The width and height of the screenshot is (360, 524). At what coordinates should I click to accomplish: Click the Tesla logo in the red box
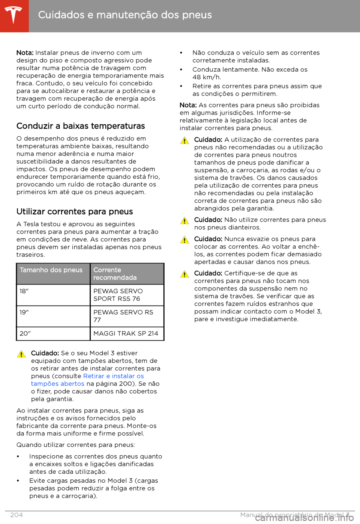(x=14, y=15)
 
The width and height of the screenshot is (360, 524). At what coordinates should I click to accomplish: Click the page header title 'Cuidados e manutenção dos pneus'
(x=125, y=15)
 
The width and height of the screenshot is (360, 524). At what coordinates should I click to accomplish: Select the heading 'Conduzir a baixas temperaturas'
(x=81, y=126)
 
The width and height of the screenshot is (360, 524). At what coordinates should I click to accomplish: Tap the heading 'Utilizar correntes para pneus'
(x=75, y=212)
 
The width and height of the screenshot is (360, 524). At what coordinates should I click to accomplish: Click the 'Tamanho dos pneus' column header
(x=51, y=270)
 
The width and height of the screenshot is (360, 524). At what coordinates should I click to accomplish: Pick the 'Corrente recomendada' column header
(x=115, y=274)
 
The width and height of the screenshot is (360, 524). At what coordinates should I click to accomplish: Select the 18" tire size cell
(x=24, y=291)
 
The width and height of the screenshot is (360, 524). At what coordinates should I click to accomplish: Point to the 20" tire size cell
(x=25, y=333)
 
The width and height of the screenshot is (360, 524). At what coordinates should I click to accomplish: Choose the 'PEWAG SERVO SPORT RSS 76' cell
(x=118, y=295)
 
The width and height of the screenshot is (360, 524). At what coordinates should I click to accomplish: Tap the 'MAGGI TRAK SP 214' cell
(x=126, y=333)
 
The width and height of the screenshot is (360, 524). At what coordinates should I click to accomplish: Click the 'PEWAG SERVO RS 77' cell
(x=123, y=316)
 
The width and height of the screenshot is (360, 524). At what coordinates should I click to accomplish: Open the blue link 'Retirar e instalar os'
(x=114, y=376)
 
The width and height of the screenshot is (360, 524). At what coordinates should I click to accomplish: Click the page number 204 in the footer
(x=16, y=515)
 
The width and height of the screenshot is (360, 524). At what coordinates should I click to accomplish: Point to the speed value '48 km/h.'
(x=207, y=77)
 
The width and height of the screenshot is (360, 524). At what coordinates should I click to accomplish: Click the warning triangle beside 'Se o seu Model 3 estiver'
(x=21, y=354)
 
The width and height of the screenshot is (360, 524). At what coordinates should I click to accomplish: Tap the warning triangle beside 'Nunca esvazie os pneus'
(x=184, y=240)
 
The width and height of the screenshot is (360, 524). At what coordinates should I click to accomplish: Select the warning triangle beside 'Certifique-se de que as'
(x=184, y=274)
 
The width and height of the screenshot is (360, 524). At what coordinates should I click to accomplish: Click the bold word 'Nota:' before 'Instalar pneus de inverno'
(x=25, y=53)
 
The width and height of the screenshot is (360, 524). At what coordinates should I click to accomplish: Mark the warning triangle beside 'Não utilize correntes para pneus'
(x=184, y=221)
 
